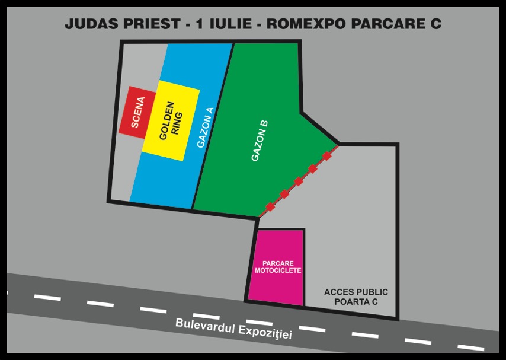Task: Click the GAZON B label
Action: pos(260,141)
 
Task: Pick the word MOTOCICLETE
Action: pos(278,270)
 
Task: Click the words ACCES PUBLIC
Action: pos(356,292)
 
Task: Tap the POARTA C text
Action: pos(356,302)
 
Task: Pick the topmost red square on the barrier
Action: pos(326,156)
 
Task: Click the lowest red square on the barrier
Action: pos(270,207)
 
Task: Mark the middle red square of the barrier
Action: pos(299,181)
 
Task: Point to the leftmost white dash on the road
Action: pos(47,297)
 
